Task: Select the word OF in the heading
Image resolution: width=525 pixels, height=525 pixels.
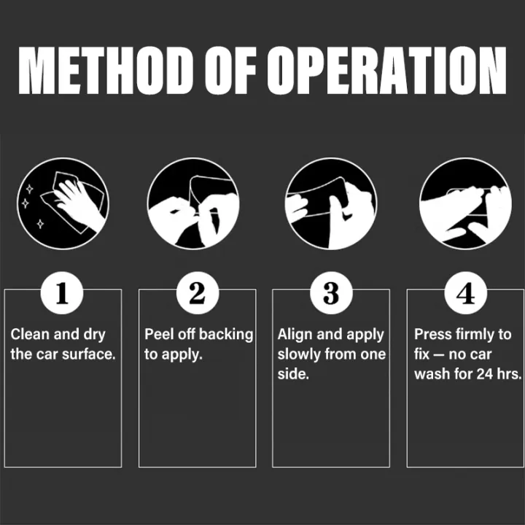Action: coord(230,70)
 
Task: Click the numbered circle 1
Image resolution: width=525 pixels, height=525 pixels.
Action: coord(62,293)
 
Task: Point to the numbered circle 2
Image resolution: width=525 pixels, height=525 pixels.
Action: coord(198,293)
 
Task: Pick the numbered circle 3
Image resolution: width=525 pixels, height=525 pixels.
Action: coord(331,293)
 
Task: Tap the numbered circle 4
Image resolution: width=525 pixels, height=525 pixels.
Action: coord(466,293)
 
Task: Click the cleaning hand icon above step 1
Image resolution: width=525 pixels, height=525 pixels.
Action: coord(63,203)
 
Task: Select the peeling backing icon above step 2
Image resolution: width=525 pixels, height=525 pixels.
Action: coord(193,203)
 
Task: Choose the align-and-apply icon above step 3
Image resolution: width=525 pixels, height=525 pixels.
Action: coord(331,203)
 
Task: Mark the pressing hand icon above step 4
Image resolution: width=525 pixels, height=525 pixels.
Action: coord(465,203)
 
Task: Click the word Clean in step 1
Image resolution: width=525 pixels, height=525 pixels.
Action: coord(30,334)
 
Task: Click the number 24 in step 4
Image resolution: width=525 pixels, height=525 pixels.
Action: coord(485,374)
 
